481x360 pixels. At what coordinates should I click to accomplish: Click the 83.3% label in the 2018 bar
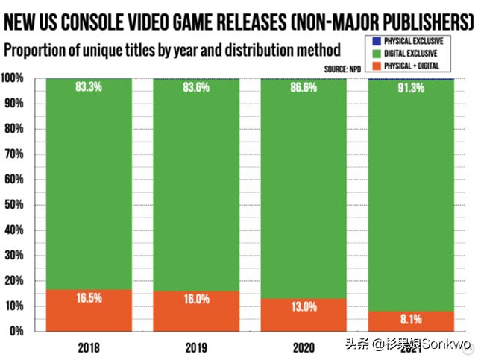pos(89,87)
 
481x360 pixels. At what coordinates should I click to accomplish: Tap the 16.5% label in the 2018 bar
pos(89,297)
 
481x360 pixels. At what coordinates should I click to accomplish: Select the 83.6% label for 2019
pos(195,87)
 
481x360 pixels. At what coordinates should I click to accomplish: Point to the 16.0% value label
pos(195,299)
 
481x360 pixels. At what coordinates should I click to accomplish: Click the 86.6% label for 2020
pos(304,87)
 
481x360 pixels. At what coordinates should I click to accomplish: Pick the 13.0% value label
pos(304,306)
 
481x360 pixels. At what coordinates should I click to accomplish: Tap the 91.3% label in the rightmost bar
pos(411,87)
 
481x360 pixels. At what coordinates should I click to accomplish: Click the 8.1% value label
pos(411,319)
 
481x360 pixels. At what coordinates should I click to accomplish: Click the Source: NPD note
pos(342,69)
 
